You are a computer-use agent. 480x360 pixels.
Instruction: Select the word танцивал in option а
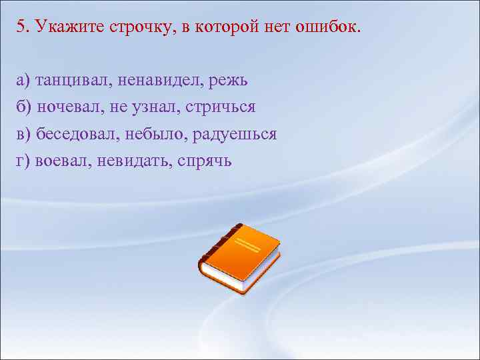[74, 81]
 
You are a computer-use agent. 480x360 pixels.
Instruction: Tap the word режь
[229, 81]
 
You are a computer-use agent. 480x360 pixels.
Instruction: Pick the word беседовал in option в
[78, 134]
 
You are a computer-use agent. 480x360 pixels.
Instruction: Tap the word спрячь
[205, 161]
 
